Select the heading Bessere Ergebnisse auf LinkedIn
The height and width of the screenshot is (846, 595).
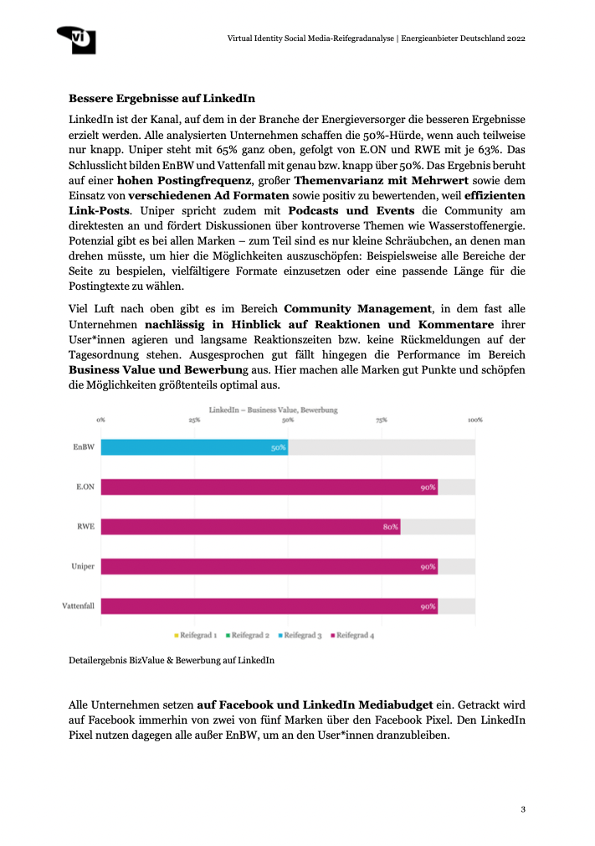click(x=162, y=97)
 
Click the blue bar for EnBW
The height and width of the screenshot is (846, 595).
click(x=194, y=447)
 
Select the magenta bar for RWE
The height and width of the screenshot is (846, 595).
click(x=250, y=527)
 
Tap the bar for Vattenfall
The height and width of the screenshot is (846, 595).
click(x=269, y=606)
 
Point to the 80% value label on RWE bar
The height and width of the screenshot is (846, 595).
click(x=390, y=527)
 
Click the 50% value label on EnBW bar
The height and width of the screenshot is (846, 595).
click(x=278, y=447)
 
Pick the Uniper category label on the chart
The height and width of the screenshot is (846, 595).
click(x=82, y=566)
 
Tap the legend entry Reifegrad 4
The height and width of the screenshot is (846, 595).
click(x=355, y=636)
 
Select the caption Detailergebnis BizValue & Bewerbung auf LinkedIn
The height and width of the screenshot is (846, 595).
click(x=172, y=661)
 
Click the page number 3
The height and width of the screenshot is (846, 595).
click(x=522, y=808)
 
